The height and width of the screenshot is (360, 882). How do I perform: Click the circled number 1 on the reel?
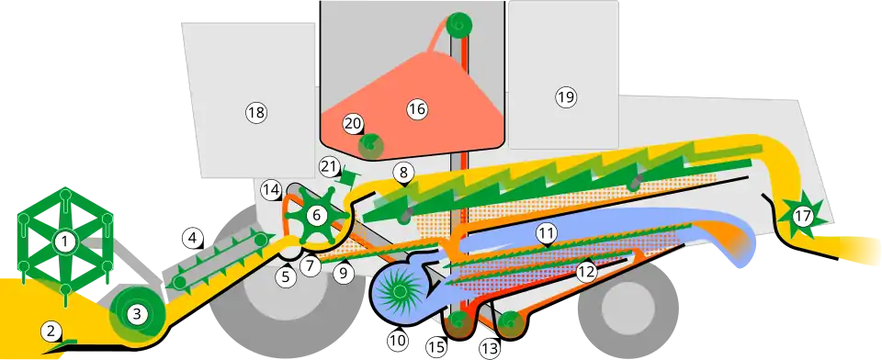[64, 242]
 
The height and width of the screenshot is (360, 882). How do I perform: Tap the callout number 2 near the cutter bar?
[51, 331]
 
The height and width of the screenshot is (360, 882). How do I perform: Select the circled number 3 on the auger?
[137, 314]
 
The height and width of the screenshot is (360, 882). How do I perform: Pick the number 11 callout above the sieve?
[546, 231]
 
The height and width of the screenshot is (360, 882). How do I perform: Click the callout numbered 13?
[490, 349]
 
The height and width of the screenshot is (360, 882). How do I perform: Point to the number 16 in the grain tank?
[417, 109]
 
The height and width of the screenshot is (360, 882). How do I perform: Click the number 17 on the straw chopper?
[803, 216]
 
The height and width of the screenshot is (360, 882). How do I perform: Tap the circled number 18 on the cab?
[256, 112]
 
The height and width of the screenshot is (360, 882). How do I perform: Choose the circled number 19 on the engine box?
[566, 97]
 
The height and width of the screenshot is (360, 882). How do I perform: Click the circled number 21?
[330, 166]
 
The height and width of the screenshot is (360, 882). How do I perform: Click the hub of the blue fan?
[400, 291]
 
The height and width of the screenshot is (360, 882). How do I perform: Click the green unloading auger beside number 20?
[370, 144]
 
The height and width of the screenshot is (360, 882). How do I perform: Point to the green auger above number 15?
[458, 321]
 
